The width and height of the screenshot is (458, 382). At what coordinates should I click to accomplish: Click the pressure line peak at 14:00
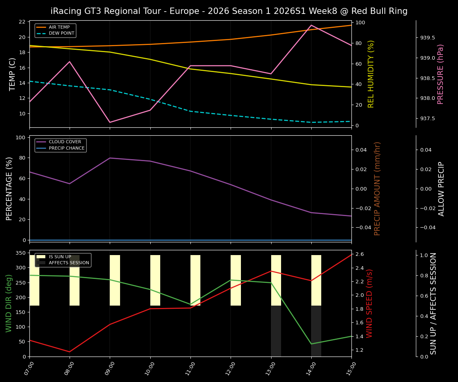click(311, 25)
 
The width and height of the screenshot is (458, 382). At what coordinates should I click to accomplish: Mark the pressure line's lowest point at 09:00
click(110, 122)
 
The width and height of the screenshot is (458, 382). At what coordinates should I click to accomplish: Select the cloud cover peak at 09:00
click(110, 158)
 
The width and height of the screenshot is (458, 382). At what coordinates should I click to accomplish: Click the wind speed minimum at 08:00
click(70, 352)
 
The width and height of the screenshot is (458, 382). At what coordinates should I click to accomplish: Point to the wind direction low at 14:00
click(311, 344)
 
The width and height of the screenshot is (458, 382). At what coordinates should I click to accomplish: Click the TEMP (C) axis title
click(13, 74)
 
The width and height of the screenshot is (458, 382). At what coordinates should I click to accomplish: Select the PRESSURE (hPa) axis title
click(441, 74)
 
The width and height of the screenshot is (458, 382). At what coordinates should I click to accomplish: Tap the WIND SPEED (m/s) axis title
click(370, 303)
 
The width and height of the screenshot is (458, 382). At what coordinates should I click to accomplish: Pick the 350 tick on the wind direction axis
click(21, 253)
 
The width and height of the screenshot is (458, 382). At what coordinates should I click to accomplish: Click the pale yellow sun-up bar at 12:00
click(236, 280)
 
